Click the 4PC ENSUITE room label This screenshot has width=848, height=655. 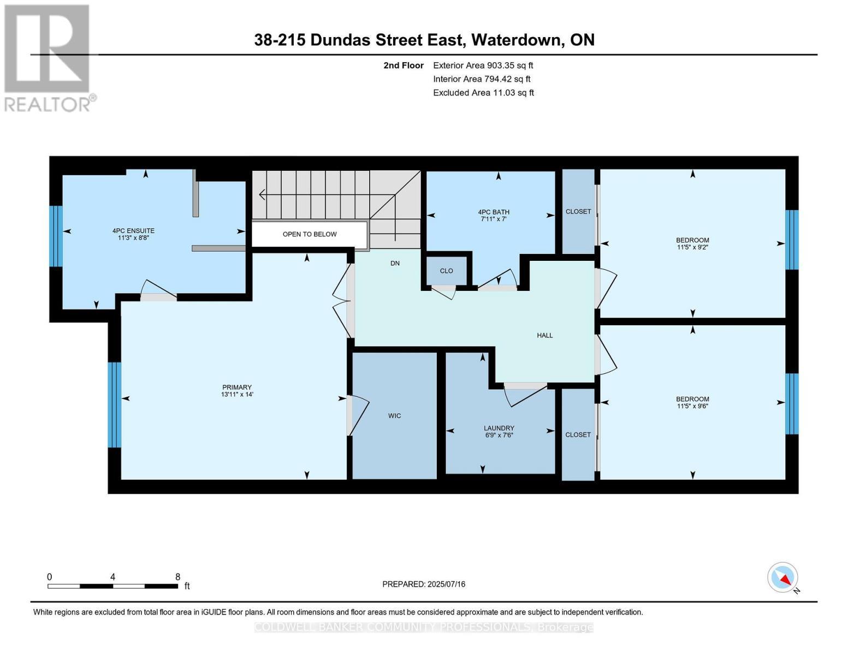pyautogui.click(x=133, y=231)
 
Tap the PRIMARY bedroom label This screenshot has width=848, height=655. pyautogui.click(x=236, y=388)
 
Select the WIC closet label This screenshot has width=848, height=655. pyautogui.click(x=394, y=416)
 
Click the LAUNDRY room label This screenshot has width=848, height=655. pyautogui.click(x=499, y=428)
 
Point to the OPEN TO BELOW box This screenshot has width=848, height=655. pyautogui.click(x=309, y=234)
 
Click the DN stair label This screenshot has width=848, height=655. pyautogui.click(x=395, y=263)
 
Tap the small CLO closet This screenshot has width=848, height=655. pyautogui.click(x=446, y=271)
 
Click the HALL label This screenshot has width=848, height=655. pyautogui.click(x=544, y=336)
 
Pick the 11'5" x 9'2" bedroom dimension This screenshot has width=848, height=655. pyautogui.click(x=692, y=247)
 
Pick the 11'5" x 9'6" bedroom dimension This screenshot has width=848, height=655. pyautogui.click(x=692, y=406)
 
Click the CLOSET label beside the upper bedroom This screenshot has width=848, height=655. pyautogui.click(x=578, y=212)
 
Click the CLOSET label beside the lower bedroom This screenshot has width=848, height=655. pyautogui.click(x=578, y=435)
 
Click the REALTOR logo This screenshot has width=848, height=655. pyautogui.click(x=48, y=57)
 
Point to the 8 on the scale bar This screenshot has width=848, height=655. pyautogui.click(x=177, y=577)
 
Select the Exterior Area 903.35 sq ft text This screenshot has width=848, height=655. pyautogui.click(x=483, y=65)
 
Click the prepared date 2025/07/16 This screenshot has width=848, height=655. pyautogui.click(x=446, y=584)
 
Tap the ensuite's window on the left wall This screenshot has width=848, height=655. pyautogui.click(x=56, y=236)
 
